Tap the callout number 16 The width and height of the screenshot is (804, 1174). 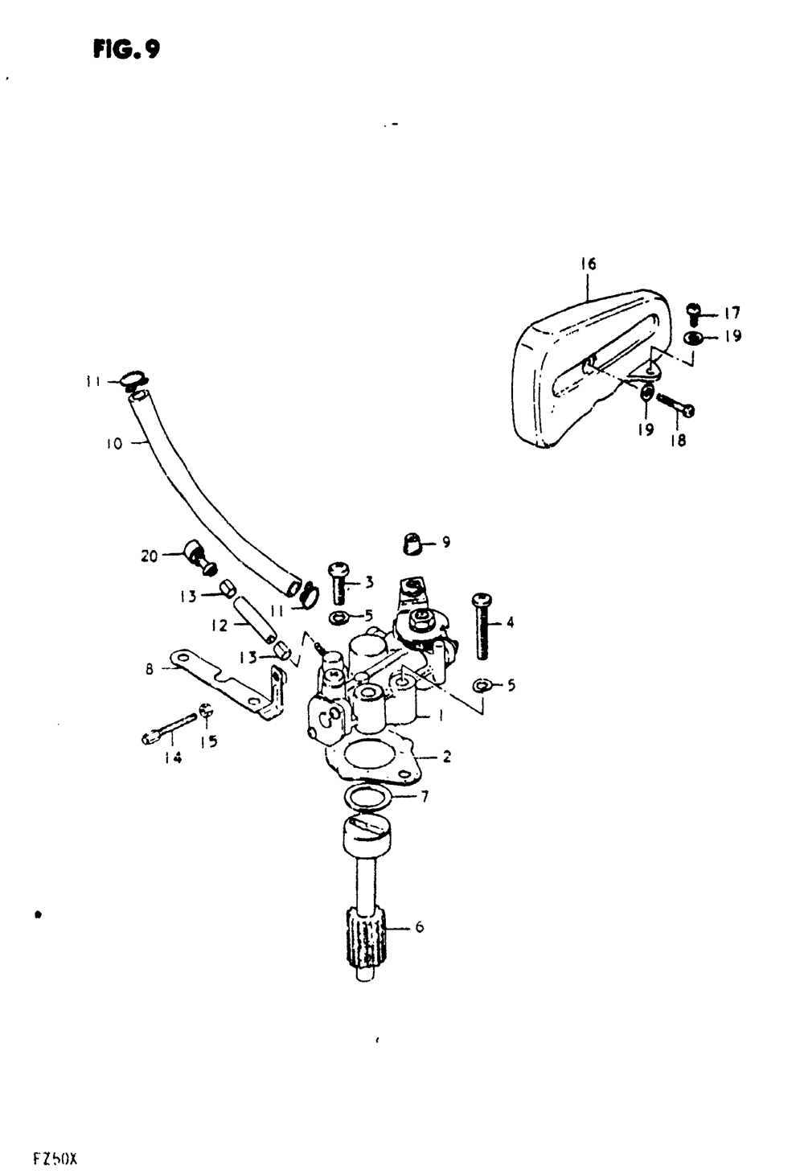pos(588,264)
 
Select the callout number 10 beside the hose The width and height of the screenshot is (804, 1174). pos(113,443)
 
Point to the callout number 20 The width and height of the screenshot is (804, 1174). pos(150,555)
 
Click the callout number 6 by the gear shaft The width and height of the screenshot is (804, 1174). pos(419,927)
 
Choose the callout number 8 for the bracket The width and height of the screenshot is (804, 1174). pos(150,667)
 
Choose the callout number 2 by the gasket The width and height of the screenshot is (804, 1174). pos(446,757)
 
